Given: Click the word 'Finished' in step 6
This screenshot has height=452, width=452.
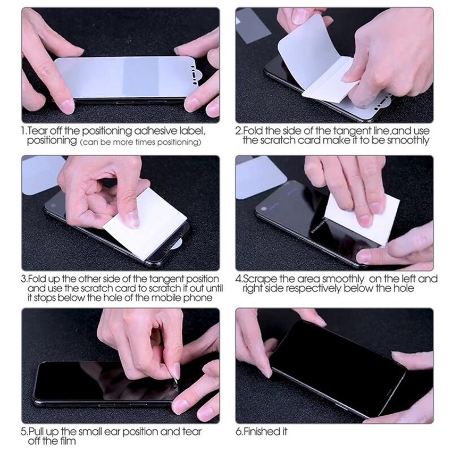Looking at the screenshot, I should (x=260, y=431).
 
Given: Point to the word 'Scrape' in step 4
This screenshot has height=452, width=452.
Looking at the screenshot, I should (x=260, y=279).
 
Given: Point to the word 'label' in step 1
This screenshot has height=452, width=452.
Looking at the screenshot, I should (x=192, y=131).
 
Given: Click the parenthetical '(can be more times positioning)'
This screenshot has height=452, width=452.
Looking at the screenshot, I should (x=140, y=142).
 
